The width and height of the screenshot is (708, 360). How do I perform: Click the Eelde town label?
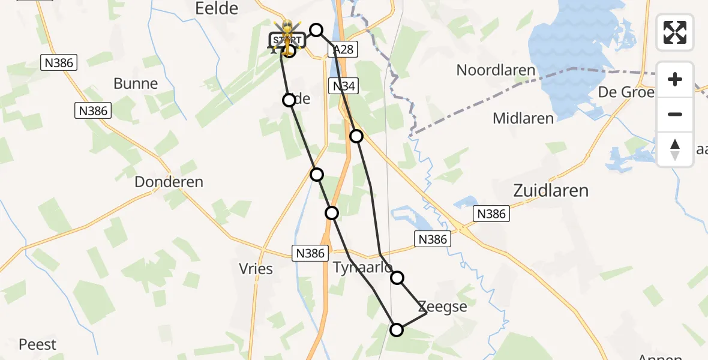(217, 8)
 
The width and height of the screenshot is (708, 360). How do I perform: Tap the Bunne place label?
(136, 83)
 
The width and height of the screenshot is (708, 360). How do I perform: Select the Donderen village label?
(169, 182)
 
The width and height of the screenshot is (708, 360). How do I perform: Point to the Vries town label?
(256, 269)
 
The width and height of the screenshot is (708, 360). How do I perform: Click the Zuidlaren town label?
(551, 191)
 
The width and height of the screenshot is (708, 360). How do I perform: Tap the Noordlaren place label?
(496, 70)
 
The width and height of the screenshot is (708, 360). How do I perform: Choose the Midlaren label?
(523, 118)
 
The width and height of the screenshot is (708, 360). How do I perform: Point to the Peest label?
(37, 344)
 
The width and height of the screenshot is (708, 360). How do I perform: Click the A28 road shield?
(343, 50)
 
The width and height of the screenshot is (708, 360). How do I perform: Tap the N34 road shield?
(344, 86)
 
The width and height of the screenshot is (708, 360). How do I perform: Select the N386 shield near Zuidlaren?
(491, 214)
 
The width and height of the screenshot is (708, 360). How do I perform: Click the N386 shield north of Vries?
(310, 253)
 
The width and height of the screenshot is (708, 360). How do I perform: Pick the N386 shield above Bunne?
(58, 62)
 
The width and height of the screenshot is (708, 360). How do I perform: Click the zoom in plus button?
(675, 80)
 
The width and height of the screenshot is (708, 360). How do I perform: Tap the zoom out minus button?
(675, 114)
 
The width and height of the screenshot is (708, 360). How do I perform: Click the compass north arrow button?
(675, 149)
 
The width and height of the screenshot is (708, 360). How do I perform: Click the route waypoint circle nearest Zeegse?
(397, 278)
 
